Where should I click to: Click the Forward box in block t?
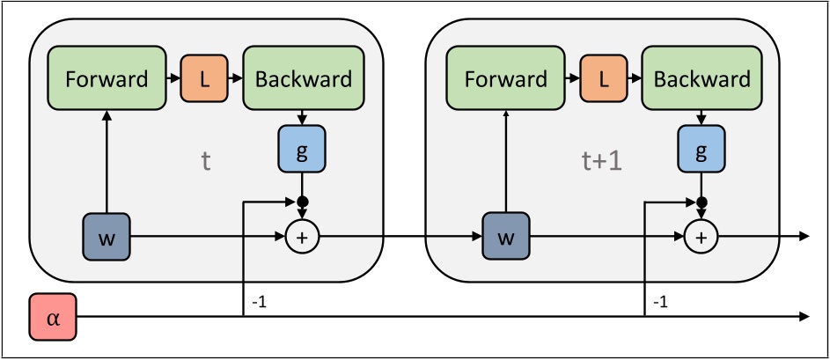106,79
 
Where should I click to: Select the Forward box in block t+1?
506,79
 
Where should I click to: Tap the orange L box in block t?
204,79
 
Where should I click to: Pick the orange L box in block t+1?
604,79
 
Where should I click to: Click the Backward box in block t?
303,79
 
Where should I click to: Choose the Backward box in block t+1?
702,79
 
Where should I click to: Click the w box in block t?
107,236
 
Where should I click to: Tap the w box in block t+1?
506,236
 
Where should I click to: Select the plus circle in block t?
303,236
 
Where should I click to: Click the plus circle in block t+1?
701,236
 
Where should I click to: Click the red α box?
53,317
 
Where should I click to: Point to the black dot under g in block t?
303,202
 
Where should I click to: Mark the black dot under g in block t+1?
701,202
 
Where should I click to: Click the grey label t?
205,162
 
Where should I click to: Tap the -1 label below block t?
260,302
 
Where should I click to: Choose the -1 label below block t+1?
659,302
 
